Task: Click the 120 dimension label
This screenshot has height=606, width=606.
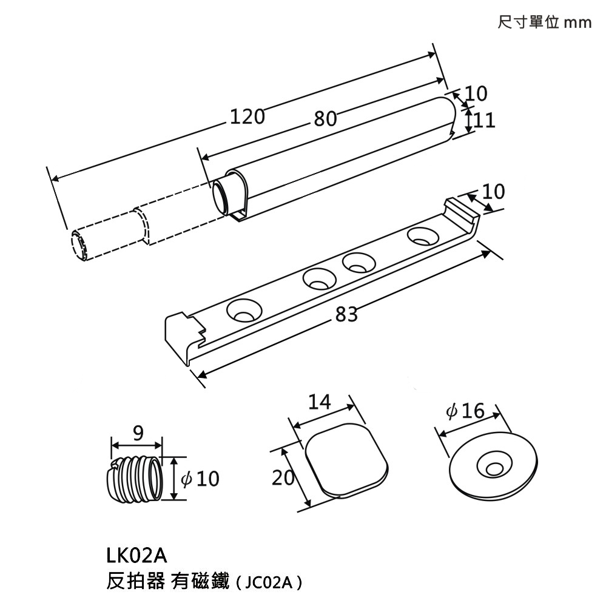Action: tap(247, 115)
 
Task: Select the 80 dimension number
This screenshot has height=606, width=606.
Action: tap(325, 119)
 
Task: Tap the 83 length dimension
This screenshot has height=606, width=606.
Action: tap(346, 314)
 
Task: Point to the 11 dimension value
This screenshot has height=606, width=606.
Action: tap(484, 120)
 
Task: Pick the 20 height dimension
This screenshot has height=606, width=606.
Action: tap(283, 478)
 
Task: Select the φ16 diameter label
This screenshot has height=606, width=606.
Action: tap(465, 412)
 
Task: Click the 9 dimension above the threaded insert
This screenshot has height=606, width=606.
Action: tap(138, 433)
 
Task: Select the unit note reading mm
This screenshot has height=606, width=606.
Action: tap(577, 24)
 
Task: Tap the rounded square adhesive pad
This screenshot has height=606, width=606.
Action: tap(345, 459)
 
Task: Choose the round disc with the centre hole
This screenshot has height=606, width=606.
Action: tap(494, 465)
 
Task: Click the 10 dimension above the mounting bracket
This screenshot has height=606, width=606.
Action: tap(494, 192)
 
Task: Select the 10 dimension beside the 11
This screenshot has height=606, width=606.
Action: tap(477, 93)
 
